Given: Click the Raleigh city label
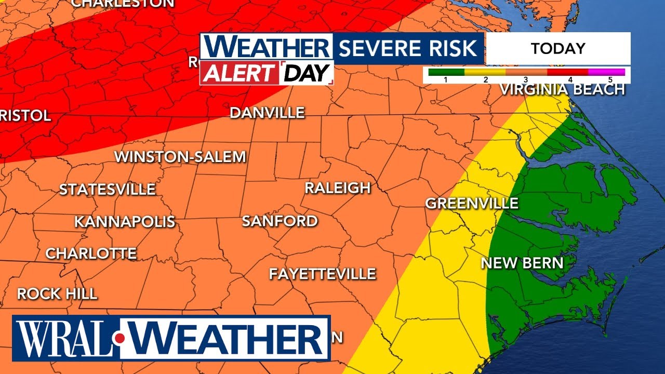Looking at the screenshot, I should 337,188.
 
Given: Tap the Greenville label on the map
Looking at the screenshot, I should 472,203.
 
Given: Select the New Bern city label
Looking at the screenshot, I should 522,263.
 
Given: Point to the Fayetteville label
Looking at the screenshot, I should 322,274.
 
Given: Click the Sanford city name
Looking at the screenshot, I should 280,221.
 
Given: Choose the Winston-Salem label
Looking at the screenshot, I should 180,156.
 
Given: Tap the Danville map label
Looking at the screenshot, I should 267,113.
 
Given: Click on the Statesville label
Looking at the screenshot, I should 107,190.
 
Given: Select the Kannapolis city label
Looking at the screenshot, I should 125,222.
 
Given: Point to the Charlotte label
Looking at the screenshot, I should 91,253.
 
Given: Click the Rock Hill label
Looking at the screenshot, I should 57,293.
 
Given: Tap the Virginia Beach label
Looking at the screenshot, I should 562,89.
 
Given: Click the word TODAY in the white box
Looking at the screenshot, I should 558,49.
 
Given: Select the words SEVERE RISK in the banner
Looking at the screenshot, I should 408,48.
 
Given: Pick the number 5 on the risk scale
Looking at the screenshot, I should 609,79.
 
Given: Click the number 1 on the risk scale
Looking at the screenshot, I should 445,79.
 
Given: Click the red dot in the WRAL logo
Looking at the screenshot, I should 120,339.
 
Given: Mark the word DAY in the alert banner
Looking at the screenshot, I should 307,73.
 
